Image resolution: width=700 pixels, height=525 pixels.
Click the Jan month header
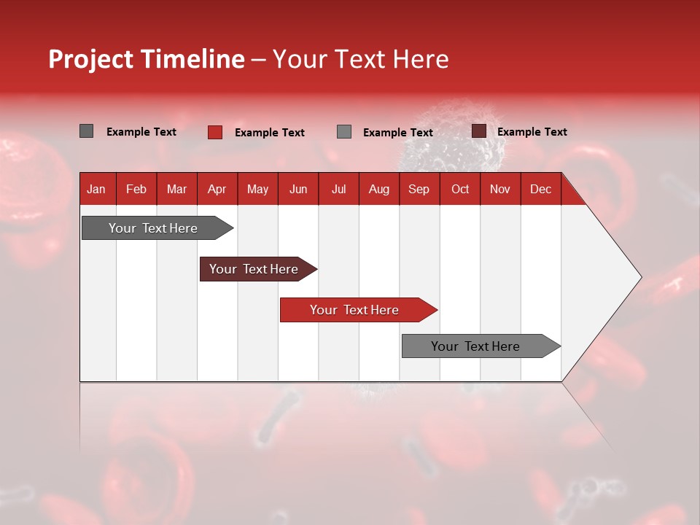pos(96,190)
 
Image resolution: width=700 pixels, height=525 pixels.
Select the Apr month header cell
pos(217,190)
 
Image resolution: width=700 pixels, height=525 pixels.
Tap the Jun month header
pos(298,190)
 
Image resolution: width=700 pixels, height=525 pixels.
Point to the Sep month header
pos(419,190)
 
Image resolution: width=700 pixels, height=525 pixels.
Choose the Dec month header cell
pos(540,190)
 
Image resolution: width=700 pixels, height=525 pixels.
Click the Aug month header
pos(378,190)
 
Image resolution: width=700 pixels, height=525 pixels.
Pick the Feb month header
pos(136,190)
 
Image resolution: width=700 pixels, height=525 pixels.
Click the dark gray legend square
pos(86,131)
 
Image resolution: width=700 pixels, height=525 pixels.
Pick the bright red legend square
pos(214,132)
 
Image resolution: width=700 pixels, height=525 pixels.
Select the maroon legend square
pos(478,131)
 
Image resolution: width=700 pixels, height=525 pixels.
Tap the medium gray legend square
pos(344,132)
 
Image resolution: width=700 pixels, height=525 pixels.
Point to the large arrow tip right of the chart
pos(627,277)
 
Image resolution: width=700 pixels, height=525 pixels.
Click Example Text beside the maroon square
pos(532,132)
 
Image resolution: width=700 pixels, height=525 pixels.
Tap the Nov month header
pos(499,190)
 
